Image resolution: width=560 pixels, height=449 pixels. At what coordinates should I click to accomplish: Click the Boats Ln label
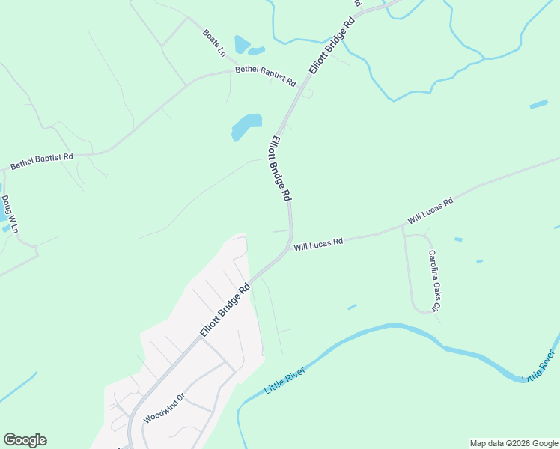click(x=214, y=43)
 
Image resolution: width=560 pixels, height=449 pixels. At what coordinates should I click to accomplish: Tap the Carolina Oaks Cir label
click(x=433, y=280)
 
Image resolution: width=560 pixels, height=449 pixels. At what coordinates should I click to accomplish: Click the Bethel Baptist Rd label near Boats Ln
click(x=266, y=76)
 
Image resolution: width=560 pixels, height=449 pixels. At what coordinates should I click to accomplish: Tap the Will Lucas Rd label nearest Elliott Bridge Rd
click(x=318, y=244)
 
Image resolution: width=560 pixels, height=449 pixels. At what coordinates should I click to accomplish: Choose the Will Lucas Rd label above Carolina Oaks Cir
click(x=430, y=212)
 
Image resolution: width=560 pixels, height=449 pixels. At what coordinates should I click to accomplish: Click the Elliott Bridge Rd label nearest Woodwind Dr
click(x=224, y=310)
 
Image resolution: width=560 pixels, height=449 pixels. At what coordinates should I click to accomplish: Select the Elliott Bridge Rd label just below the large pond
click(x=280, y=168)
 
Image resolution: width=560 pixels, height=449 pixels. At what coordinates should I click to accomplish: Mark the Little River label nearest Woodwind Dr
click(x=285, y=379)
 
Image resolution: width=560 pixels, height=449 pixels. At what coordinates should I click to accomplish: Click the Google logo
click(x=25, y=440)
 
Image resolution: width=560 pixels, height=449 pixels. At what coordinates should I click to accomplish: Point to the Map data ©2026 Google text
click(x=513, y=443)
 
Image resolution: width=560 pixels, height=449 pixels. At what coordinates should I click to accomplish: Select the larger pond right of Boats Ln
click(x=241, y=44)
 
